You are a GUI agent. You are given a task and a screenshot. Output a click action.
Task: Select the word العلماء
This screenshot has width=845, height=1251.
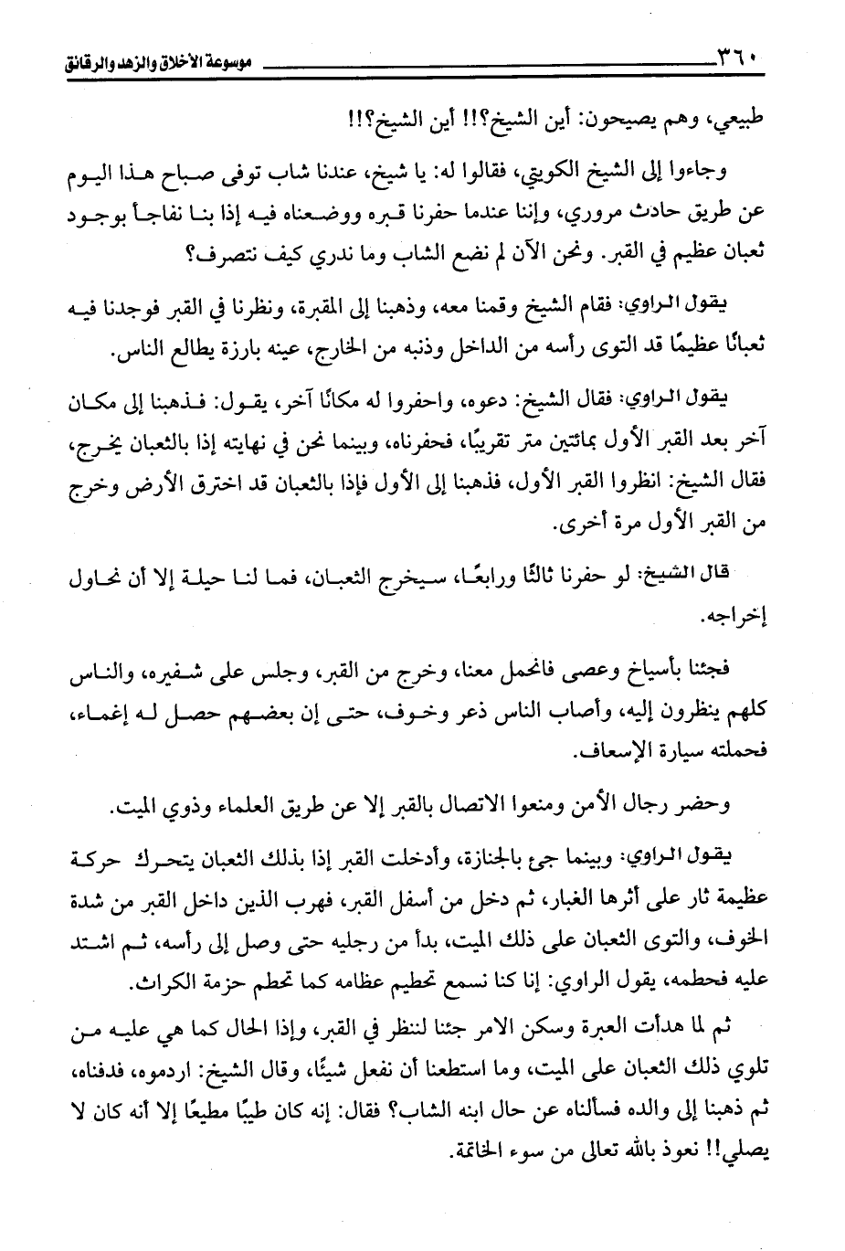(248, 808)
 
